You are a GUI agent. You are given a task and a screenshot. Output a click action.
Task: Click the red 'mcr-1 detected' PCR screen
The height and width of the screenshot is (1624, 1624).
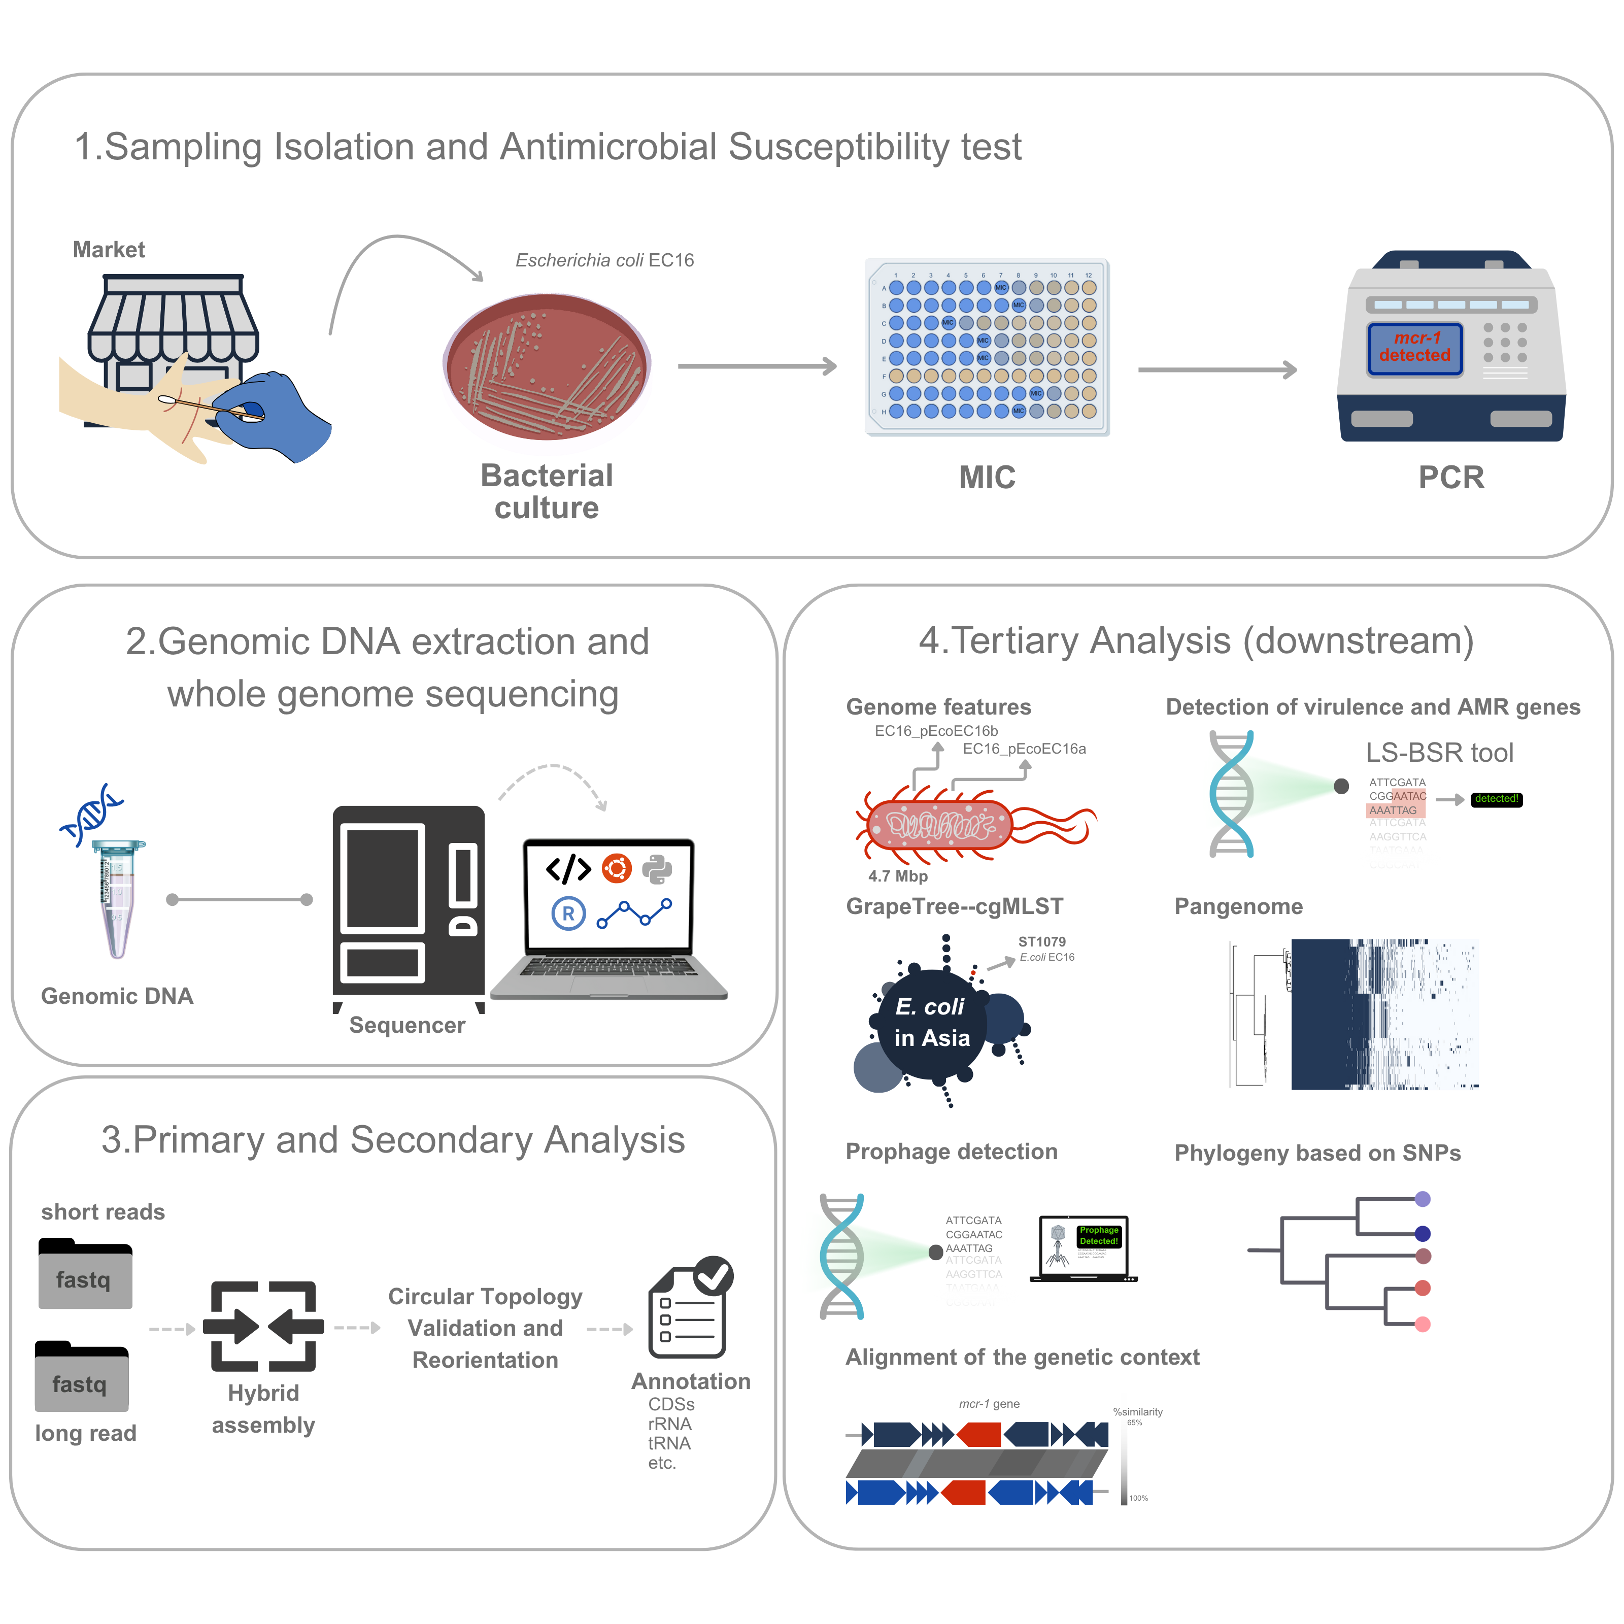[1415, 347]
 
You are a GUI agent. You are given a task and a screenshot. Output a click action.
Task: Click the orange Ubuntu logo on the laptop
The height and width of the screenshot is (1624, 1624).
[616, 868]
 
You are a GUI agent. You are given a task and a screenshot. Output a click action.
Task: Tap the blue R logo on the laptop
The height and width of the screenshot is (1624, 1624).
[568, 913]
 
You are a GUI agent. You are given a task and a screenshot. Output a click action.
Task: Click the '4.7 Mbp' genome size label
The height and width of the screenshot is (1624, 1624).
[898, 876]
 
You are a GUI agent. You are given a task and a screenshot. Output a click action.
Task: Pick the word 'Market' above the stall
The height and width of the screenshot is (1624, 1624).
[109, 250]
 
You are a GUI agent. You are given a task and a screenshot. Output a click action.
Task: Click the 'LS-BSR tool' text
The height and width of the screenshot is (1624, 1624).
[1439, 752]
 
